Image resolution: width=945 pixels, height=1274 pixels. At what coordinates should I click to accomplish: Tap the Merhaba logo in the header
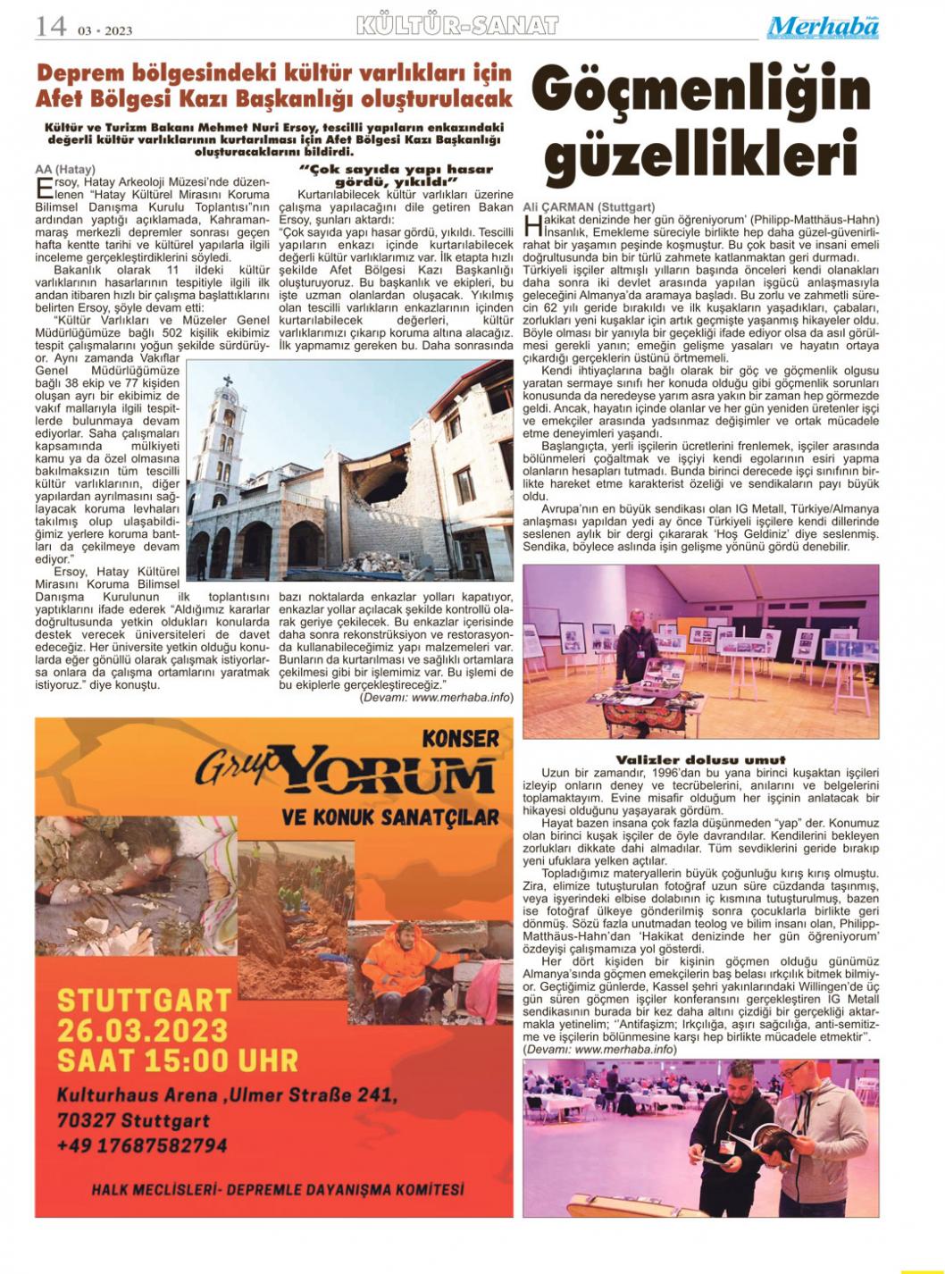[x=822, y=27]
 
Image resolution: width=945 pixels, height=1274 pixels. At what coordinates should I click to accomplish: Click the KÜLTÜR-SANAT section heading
[x=456, y=26]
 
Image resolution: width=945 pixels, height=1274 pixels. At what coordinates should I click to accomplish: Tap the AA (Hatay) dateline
[x=64, y=169]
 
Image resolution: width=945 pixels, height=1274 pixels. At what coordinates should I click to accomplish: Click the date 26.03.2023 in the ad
[x=143, y=1030]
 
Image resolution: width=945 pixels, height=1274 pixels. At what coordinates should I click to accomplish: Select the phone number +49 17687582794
[x=141, y=1144]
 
